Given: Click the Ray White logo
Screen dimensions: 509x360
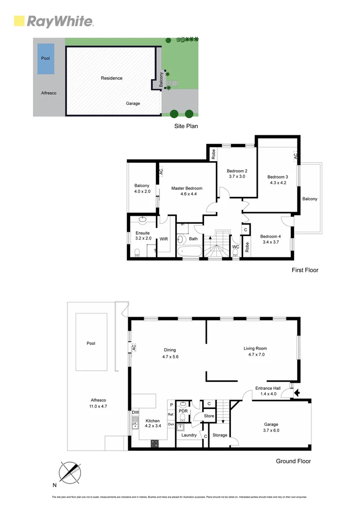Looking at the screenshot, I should click(54, 21).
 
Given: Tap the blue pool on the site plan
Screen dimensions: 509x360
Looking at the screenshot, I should click(45, 58).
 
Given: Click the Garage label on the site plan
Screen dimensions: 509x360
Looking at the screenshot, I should click(133, 103).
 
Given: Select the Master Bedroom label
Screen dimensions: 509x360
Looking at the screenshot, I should click(187, 189).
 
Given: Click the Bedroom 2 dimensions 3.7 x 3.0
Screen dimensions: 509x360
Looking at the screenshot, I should click(237, 176).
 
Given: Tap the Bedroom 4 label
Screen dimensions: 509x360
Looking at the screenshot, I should click(270, 236).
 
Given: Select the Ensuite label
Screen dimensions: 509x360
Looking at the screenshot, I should click(143, 233).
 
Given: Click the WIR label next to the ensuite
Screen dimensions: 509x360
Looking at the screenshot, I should click(164, 239).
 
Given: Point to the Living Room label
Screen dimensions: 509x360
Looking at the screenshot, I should click(255, 349).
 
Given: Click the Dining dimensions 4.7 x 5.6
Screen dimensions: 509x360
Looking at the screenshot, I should click(170, 357).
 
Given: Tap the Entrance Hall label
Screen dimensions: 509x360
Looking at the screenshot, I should click(268, 388).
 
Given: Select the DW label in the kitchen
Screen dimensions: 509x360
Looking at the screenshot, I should click(135, 412).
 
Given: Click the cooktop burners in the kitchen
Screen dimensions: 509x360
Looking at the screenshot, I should click(154, 443).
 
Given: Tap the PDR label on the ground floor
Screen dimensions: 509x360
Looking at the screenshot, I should click(183, 410).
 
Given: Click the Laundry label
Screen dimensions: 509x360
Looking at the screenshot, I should click(188, 435).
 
